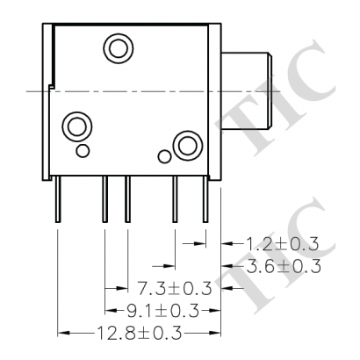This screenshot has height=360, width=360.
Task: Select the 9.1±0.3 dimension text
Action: point(157,310)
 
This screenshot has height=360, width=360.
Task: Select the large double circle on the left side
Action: point(76,125)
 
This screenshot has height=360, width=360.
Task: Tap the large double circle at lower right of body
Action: point(185,144)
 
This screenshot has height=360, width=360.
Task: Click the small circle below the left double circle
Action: point(82,151)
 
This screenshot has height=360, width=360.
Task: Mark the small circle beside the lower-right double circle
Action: point(162,156)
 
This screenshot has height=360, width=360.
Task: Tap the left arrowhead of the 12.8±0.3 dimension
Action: point(62,332)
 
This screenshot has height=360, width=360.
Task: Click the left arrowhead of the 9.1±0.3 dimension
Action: point(109,310)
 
